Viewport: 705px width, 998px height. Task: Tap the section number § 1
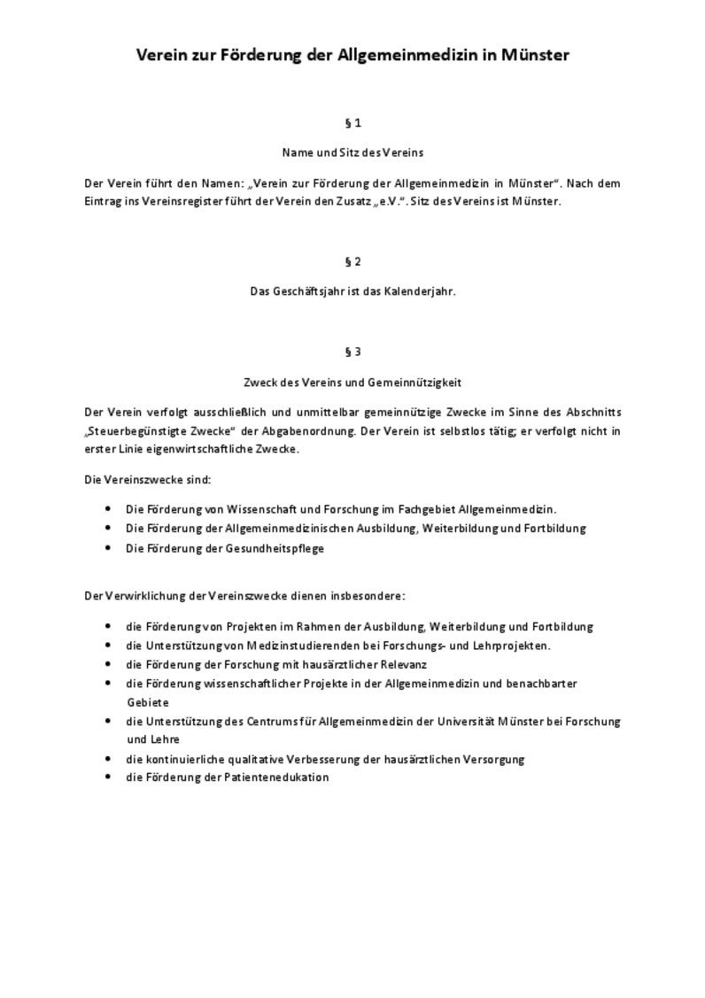(x=352, y=123)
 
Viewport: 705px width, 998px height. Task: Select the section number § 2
(x=352, y=261)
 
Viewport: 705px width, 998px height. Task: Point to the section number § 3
(x=352, y=352)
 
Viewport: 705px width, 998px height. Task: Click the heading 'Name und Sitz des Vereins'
(x=352, y=152)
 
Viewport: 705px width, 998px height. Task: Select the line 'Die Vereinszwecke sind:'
(x=147, y=479)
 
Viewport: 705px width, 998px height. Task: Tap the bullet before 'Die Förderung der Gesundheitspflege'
(x=108, y=548)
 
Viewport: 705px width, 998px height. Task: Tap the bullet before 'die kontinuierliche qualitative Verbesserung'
(x=108, y=759)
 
